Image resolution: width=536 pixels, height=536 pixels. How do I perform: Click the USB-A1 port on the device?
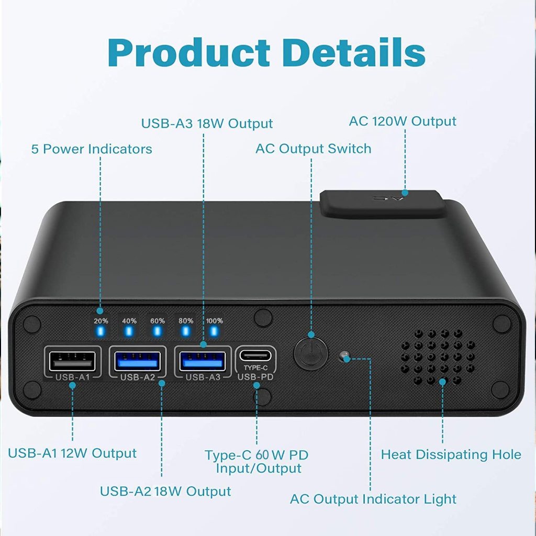tap(72, 361)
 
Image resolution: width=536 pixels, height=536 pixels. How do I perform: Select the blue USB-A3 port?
tap(203, 361)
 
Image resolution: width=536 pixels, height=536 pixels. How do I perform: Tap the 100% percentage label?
tap(214, 321)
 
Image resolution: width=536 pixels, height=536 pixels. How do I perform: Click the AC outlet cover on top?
tap(382, 203)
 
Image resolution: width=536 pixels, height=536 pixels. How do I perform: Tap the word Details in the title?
tap(356, 52)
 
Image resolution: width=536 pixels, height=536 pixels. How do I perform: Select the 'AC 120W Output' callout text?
tap(403, 121)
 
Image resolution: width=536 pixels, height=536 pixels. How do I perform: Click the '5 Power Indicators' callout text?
tap(92, 149)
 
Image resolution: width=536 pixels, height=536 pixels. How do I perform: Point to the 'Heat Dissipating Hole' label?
tap(451, 454)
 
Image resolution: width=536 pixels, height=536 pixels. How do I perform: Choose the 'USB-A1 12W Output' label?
tap(72, 453)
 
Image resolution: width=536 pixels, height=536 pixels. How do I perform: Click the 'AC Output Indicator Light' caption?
tap(373, 499)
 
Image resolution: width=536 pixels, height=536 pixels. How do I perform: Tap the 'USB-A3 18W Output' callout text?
tap(207, 124)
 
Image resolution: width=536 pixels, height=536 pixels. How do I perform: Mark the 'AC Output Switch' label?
tap(313, 149)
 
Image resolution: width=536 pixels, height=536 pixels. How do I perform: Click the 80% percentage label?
tap(186, 321)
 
